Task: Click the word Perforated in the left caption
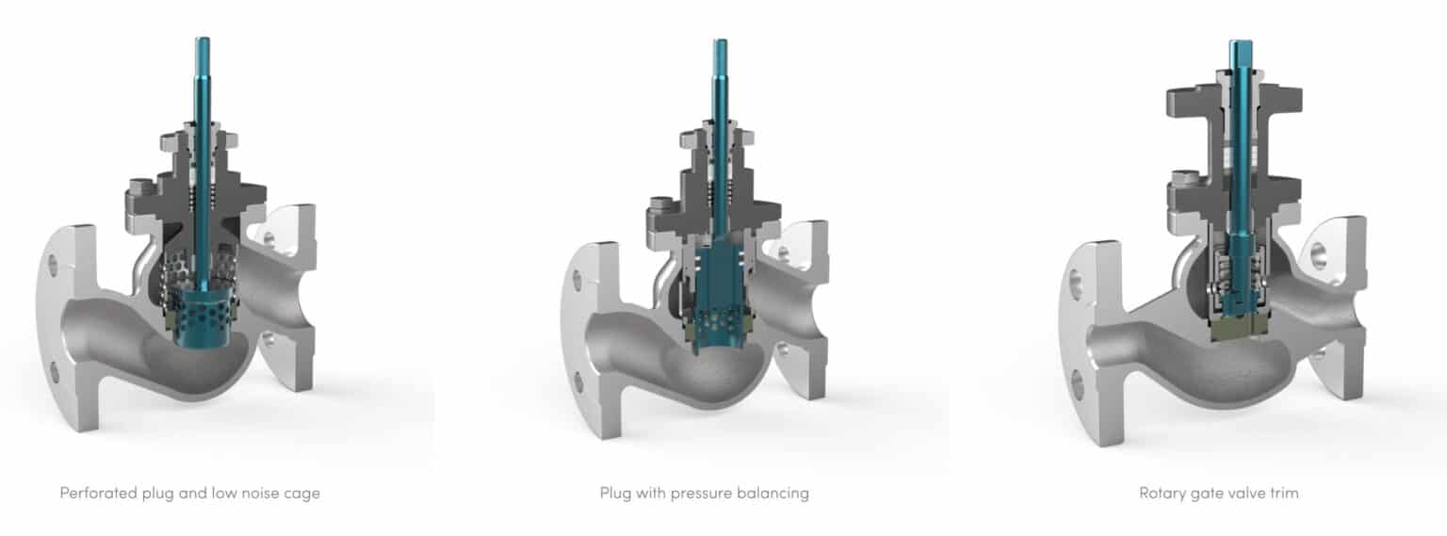96,493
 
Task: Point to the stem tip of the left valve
201,42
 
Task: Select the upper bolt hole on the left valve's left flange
53,266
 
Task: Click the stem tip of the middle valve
720,44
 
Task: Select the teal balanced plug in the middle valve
719,283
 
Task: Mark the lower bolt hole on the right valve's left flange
1075,382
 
